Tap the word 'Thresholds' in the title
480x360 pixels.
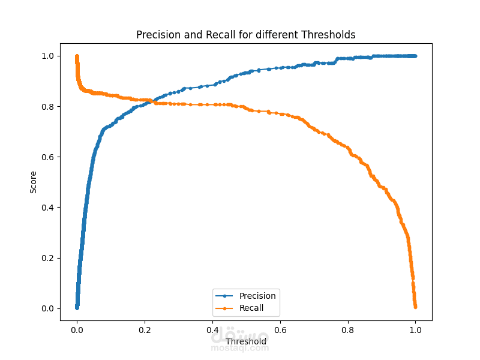[330, 35]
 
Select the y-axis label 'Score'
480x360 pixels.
[34, 182]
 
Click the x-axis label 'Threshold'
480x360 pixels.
[246, 341]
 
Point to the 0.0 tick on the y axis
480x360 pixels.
[48, 308]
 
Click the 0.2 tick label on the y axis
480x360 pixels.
[48, 258]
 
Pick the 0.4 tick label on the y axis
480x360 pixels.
[48, 208]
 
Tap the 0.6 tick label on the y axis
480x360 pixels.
[48, 157]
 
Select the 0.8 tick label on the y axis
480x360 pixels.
[48, 107]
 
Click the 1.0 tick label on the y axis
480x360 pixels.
[48, 56]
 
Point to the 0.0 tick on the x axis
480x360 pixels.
[77, 329]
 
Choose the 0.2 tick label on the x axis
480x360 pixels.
[145, 329]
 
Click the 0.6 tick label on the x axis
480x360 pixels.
[280, 329]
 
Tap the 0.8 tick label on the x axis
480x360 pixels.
[347, 329]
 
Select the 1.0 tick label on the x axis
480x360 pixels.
[415, 329]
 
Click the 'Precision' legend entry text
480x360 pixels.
[257, 296]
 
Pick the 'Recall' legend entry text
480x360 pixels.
[251, 308]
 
